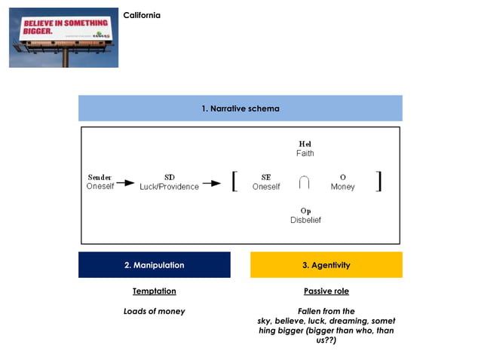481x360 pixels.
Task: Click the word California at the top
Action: [142, 16]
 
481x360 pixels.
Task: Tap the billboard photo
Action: [63, 38]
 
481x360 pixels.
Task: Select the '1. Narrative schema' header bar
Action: [240, 108]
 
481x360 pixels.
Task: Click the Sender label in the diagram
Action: [100, 177]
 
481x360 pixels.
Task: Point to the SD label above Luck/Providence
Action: [170, 177]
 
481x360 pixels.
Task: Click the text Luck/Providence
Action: [170, 187]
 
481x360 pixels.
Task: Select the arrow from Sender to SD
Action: [125, 183]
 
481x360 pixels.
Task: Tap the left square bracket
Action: [235, 182]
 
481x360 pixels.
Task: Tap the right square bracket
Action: [378, 182]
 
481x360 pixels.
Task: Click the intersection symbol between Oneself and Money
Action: [304, 183]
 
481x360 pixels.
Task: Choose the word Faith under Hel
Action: [305, 153]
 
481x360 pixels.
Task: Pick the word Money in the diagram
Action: [342, 187]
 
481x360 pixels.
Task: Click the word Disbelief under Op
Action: [305, 220]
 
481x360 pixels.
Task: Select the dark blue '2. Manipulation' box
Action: [154, 265]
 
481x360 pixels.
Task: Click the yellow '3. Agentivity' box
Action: [326, 265]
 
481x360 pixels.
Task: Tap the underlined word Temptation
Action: [154, 291]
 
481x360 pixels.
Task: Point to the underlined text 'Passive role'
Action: [326, 291]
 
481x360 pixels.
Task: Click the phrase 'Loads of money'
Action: [154, 311]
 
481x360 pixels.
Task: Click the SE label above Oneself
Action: [266, 177]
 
